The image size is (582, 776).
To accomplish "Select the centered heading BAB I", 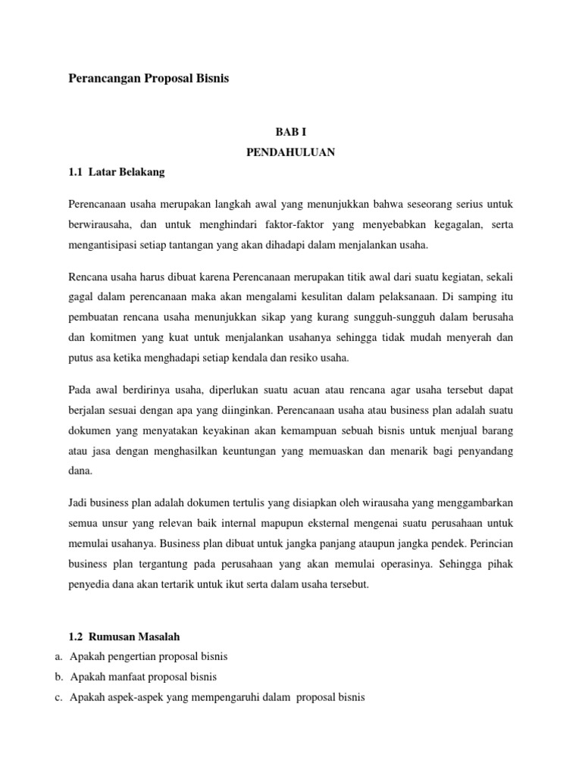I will [291, 131].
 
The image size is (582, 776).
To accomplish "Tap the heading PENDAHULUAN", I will [291, 152].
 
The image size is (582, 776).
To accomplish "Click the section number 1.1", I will [75, 172].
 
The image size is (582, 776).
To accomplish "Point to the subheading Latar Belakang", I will [127, 172].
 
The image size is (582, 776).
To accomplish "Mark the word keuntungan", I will [258, 452].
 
